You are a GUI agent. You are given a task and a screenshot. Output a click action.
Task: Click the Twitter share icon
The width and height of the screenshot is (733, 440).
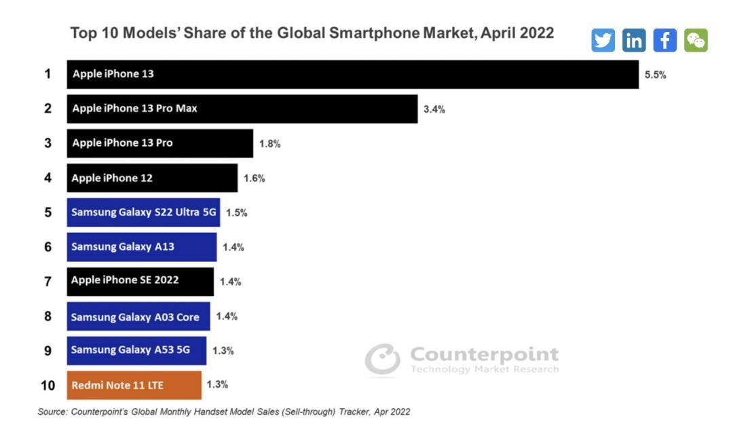(603, 40)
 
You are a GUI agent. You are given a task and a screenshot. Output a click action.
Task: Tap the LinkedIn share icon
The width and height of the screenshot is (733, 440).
(634, 40)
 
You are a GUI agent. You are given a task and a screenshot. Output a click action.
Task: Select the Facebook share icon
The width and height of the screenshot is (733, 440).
(664, 40)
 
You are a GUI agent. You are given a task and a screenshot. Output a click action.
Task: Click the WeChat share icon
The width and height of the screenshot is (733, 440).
(696, 40)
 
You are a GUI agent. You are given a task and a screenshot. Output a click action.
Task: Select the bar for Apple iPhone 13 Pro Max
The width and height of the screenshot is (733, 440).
(242, 109)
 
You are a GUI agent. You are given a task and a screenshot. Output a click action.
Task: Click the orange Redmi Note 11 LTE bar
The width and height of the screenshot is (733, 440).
(134, 385)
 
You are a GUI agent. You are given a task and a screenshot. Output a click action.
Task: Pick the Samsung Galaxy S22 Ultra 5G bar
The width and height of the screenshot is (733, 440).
(143, 213)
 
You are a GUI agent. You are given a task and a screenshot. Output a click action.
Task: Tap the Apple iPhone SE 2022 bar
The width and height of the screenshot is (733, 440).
(140, 281)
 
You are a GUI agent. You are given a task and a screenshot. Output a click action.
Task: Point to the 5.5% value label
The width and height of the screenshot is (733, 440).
(655, 75)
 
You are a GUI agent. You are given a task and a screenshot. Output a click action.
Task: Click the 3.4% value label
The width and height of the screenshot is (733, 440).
(434, 109)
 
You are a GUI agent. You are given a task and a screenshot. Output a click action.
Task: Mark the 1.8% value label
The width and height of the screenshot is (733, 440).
(269, 144)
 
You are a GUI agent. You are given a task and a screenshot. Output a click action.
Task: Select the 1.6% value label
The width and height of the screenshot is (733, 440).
(254, 179)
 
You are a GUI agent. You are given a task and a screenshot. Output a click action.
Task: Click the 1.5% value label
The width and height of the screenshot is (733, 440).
(236, 213)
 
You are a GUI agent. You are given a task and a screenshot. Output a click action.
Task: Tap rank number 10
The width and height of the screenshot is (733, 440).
(48, 386)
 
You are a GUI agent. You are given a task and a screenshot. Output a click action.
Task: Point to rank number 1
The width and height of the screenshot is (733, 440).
(48, 74)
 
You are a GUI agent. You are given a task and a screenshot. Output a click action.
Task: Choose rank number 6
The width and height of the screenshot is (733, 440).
(48, 247)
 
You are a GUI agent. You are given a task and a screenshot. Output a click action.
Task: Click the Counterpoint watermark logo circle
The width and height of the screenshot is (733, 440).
(382, 360)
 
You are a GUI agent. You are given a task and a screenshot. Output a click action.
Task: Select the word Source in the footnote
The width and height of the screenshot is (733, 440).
(52, 411)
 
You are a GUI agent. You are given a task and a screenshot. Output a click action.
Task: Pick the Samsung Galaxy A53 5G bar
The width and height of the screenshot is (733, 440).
(136, 350)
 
